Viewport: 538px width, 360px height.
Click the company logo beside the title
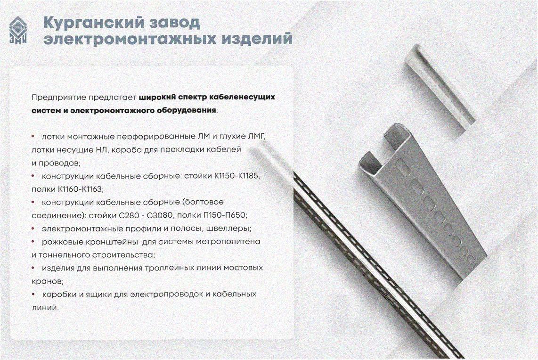click(18, 30)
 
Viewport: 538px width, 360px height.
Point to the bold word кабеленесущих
click(242, 98)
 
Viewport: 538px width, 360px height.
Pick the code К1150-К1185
click(237, 176)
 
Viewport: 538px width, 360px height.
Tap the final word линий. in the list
click(45, 308)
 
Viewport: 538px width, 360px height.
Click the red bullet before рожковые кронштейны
click(33, 242)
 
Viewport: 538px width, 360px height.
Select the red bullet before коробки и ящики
click(33, 294)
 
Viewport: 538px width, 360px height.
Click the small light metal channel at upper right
click(438, 89)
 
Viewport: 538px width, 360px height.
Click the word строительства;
click(123, 255)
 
